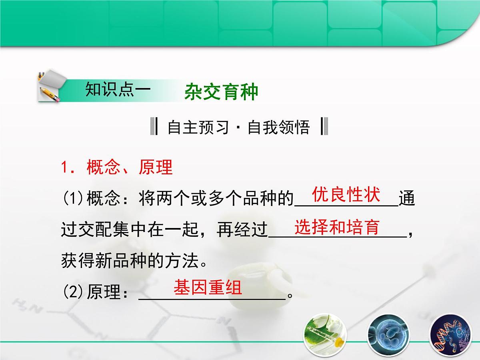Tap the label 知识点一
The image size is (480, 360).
coord(118,90)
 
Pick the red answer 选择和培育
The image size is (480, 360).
coord(337,227)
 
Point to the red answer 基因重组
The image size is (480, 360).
coord(208,288)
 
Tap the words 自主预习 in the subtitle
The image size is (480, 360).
coord(198,128)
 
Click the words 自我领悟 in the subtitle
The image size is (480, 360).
coord(278,128)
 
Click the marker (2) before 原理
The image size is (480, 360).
coord(72,293)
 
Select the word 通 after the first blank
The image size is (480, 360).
coord(407,199)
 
